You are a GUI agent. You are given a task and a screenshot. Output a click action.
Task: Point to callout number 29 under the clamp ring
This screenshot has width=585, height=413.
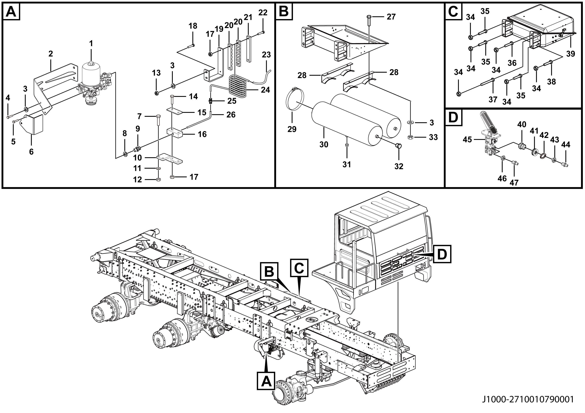292,129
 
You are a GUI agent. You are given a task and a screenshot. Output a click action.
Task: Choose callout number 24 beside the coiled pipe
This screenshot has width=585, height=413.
265,90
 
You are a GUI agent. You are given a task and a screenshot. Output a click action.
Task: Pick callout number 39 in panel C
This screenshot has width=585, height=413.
570,54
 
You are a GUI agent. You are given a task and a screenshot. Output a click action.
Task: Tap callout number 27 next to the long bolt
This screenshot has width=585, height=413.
391,17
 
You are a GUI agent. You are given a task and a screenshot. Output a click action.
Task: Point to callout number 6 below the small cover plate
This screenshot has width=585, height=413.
31,152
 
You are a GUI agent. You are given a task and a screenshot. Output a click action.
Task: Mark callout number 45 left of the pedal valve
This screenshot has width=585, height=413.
467,140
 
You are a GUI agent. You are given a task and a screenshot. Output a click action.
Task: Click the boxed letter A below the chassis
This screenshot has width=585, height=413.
266,381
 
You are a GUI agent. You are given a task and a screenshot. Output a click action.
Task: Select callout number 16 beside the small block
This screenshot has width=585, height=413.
202,134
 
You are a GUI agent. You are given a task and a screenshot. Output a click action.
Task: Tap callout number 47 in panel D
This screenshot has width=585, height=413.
514,183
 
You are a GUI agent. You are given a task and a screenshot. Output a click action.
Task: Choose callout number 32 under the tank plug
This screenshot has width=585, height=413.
399,166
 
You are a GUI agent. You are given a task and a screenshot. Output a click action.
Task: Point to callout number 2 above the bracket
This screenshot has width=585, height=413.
51,54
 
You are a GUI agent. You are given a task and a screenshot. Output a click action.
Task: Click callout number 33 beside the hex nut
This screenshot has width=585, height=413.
433,137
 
